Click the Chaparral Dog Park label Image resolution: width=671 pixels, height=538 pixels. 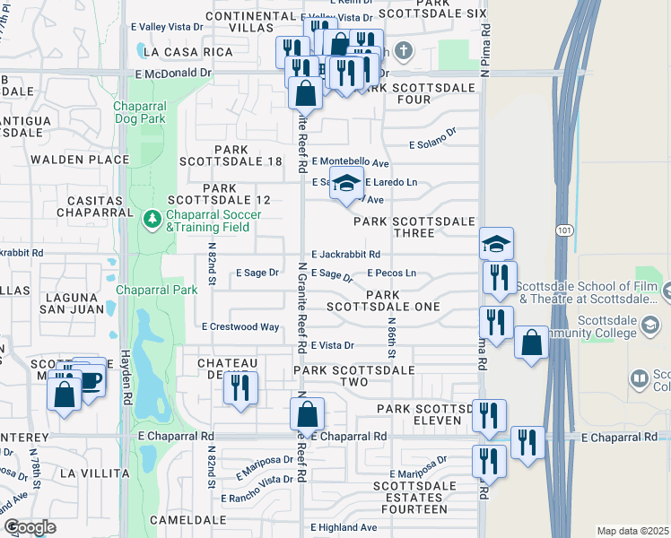pyautogui.click(x=140, y=113)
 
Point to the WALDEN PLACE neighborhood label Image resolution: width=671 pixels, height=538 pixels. pyautogui.click(x=80, y=160)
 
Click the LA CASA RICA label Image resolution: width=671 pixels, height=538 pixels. pyautogui.click(x=187, y=53)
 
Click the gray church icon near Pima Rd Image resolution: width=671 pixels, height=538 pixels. pyautogui.click(x=405, y=49)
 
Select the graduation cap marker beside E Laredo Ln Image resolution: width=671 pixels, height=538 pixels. pyautogui.click(x=346, y=185)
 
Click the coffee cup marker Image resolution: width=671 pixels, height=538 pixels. pyautogui.click(x=90, y=379)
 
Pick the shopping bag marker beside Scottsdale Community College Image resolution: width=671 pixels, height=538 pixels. pyautogui.click(x=531, y=342)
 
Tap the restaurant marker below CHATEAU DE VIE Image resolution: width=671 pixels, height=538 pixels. pyautogui.click(x=240, y=387)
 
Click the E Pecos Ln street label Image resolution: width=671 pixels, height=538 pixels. pyautogui.click(x=392, y=273)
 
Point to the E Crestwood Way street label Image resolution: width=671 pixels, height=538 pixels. pyautogui.click(x=240, y=327)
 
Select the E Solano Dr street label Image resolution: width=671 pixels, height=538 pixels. pyautogui.click(x=433, y=143)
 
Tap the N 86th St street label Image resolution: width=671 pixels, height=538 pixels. pyautogui.click(x=391, y=332)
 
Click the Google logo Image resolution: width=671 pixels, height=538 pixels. pyautogui.click(x=30, y=527)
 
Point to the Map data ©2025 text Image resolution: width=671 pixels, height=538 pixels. pyautogui.click(x=632, y=531)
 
